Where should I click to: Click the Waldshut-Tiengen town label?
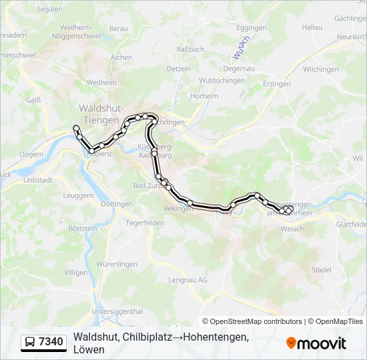[100, 113]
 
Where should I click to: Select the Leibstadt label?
[37, 180]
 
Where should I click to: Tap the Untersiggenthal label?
[117, 311]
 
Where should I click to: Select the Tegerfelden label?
[145, 223]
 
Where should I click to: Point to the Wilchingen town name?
[320, 69]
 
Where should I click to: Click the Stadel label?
[321, 270]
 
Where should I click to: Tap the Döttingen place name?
[118, 203]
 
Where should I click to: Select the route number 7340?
[51, 343]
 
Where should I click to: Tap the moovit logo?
[316, 343]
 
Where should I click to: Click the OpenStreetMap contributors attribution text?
[254, 321]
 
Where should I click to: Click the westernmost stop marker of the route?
[76, 127]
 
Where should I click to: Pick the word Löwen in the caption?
[89, 349]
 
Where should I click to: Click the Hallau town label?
[312, 27]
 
